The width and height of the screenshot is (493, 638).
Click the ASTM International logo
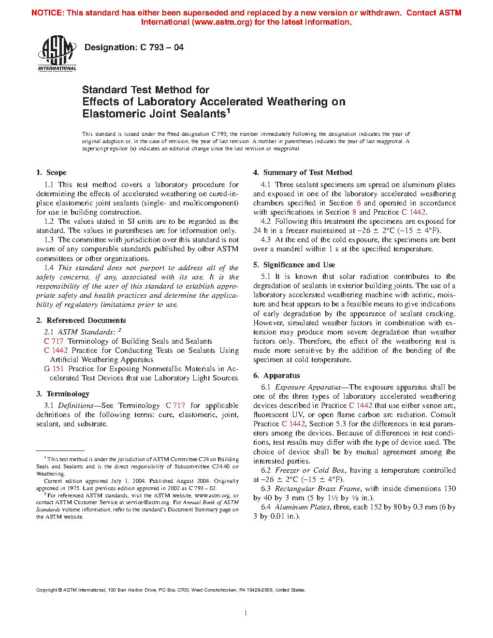click(x=57, y=54)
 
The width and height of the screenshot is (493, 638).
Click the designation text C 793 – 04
click(x=134, y=47)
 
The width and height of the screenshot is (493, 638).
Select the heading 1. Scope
click(x=51, y=173)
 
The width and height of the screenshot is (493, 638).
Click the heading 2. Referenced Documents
click(x=81, y=320)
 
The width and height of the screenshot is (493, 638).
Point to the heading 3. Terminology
click(x=63, y=394)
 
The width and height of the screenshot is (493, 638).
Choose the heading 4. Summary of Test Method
click(x=303, y=173)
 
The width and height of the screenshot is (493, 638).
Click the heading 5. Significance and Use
click(x=294, y=265)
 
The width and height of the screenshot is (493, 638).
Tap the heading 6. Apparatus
click(x=276, y=376)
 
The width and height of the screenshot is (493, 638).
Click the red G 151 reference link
click(x=54, y=369)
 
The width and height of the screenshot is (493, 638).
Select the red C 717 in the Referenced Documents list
click(x=54, y=341)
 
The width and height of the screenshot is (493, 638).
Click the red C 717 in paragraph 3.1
click(x=175, y=406)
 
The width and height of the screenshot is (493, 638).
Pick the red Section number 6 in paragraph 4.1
click(x=359, y=203)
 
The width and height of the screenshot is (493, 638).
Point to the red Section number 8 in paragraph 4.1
click(x=354, y=212)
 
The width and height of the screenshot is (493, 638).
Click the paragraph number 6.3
click(x=265, y=489)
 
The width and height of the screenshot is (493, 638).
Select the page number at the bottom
click(x=246, y=613)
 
